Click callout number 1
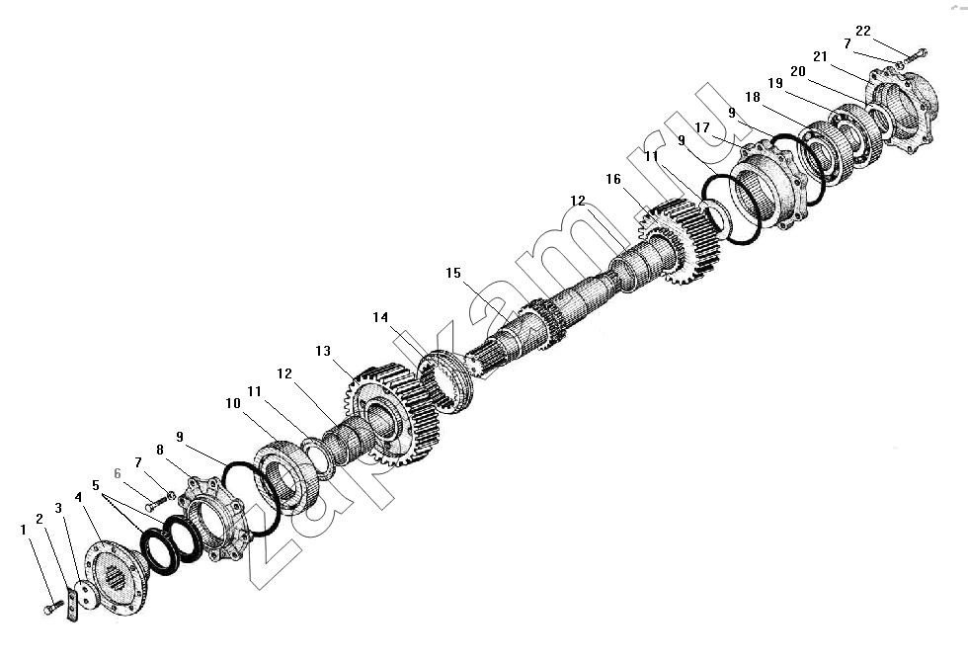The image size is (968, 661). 24,530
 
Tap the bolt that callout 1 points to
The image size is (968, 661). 53,608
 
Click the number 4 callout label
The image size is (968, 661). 78,497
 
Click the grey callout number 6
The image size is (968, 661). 118,474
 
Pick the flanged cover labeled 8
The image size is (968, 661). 215,518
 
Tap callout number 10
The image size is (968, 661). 233,403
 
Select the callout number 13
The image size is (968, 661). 323,351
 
